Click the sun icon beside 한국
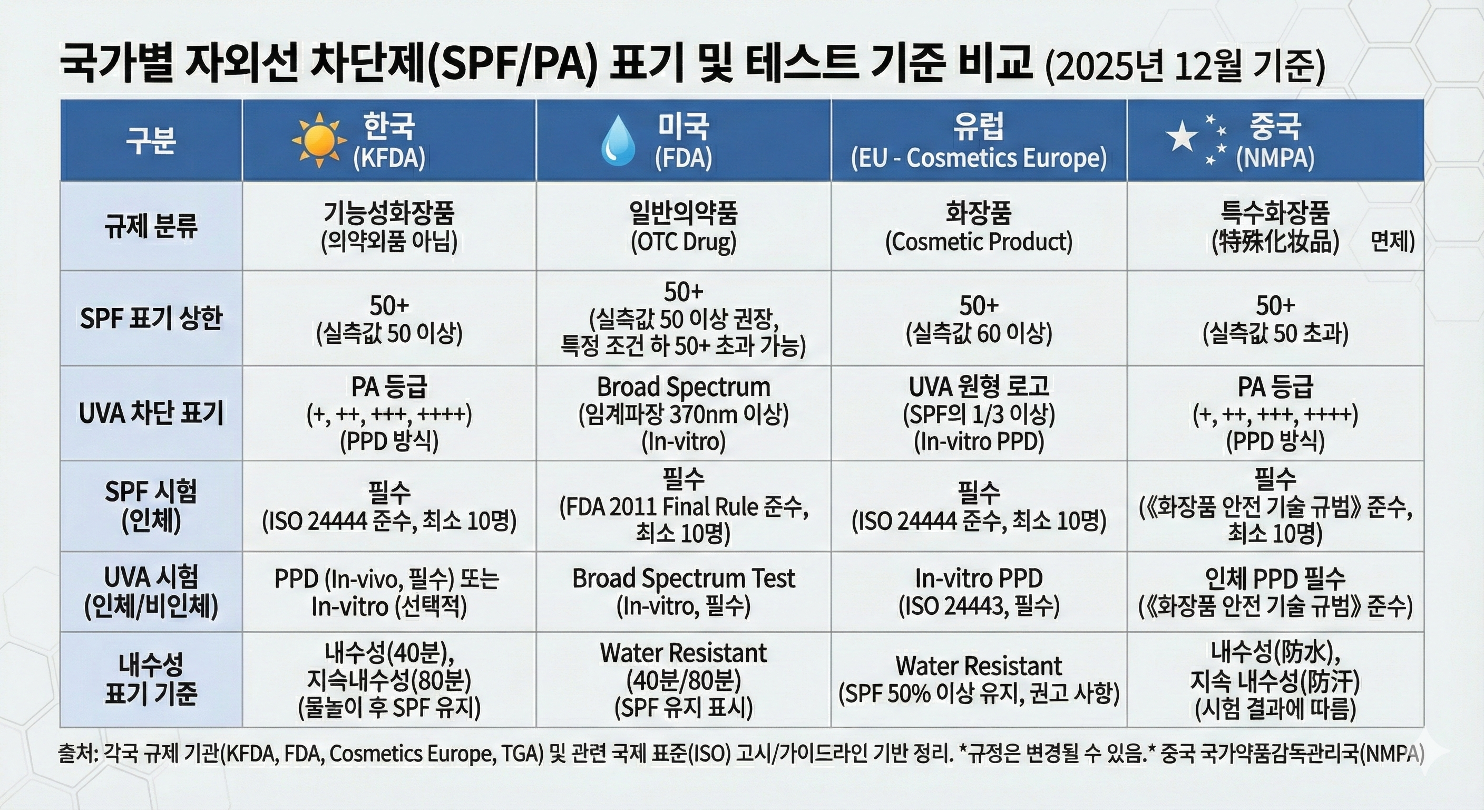319,140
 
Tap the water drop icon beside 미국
618,141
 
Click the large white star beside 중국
1180,137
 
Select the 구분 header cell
151,140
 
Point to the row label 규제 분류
151,226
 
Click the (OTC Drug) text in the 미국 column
683,242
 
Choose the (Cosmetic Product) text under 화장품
978,242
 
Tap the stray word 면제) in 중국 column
1392,242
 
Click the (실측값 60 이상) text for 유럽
978,333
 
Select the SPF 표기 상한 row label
151,318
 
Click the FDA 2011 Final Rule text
662,507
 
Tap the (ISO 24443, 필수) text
978,606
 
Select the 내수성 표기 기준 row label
151,679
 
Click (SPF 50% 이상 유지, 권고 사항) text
978,693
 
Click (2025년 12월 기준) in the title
1185,68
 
